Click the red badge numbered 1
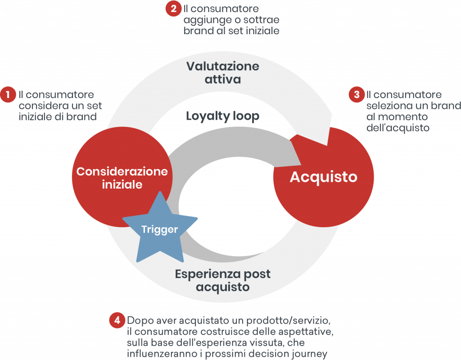tap(7, 95)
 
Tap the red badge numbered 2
tap(173, 9)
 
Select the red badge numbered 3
tap(357, 94)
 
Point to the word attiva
tap(223, 80)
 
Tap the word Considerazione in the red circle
tap(122, 171)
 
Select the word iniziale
tap(122, 184)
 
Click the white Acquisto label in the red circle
tap(323, 177)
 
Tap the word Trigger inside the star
tap(160, 229)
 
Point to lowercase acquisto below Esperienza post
tap(223, 287)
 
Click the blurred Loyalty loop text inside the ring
tap(223, 116)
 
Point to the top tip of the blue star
tap(161, 192)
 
